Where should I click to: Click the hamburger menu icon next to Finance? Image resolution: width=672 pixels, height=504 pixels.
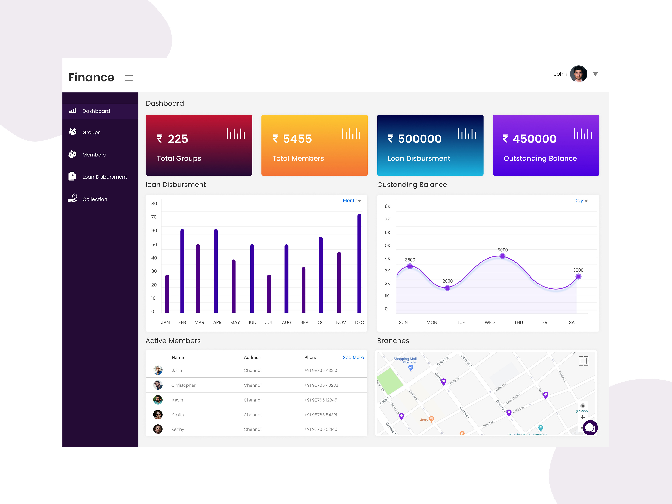click(x=129, y=78)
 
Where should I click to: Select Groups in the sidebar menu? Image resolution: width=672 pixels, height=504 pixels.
click(x=91, y=133)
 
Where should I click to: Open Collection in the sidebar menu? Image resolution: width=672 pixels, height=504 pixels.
click(x=94, y=199)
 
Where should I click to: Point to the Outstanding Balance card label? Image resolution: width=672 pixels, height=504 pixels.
click(x=540, y=158)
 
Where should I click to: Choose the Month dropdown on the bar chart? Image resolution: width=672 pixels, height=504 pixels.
click(x=352, y=201)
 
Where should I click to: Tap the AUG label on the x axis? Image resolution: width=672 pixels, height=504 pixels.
click(x=287, y=323)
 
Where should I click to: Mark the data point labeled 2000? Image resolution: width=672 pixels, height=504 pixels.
click(x=447, y=288)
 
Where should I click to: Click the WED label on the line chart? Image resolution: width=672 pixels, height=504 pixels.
click(x=489, y=323)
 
